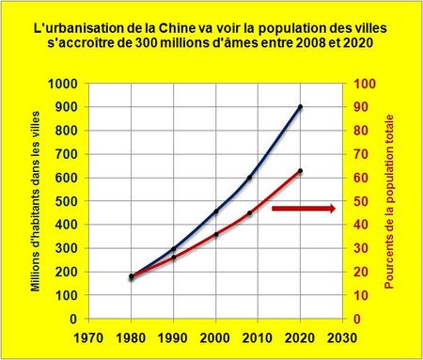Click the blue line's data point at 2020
pos(300,107)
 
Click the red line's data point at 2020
pos(300,171)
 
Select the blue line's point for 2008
pos(250,178)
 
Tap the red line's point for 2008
pos(250,213)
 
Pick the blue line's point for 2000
pos(216,211)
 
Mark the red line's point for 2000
pos(216,235)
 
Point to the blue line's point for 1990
pos(174,249)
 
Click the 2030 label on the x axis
pos(341,336)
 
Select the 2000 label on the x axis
pos(216,336)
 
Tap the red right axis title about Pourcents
pos(389,201)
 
